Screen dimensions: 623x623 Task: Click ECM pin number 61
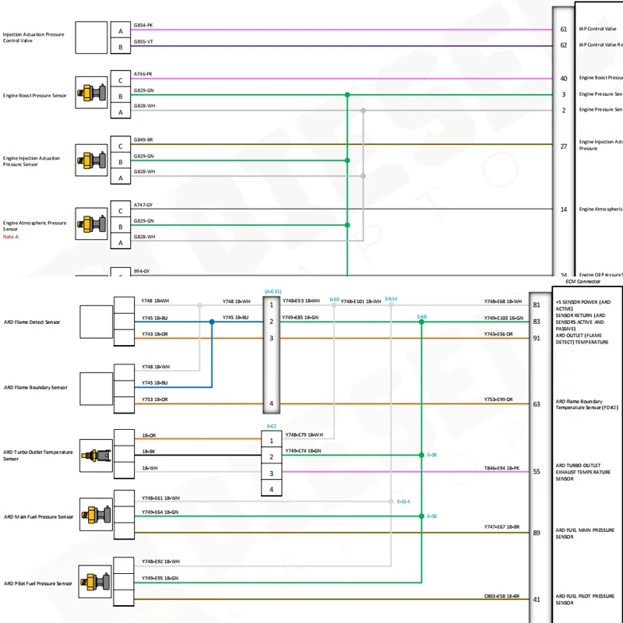point(563,30)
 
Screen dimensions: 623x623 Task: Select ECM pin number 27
point(563,146)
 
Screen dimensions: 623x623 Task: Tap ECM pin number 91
point(537,338)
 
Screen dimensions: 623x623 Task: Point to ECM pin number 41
point(537,600)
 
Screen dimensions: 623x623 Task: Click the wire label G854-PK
point(143,25)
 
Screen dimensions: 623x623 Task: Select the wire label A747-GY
point(143,205)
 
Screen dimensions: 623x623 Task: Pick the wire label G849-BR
point(143,140)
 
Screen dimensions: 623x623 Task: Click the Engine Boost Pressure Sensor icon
point(91,92)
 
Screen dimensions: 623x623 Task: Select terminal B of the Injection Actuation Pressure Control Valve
point(121,47)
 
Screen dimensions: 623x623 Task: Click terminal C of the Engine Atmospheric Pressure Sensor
point(121,210)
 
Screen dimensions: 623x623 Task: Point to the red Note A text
point(11,237)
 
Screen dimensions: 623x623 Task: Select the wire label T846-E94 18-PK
point(502,467)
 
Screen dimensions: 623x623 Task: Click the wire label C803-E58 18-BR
point(502,596)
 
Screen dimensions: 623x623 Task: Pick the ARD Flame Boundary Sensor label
point(35,387)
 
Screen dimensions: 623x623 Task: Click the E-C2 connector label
point(271,426)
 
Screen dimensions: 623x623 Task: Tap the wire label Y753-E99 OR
point(499,399)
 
